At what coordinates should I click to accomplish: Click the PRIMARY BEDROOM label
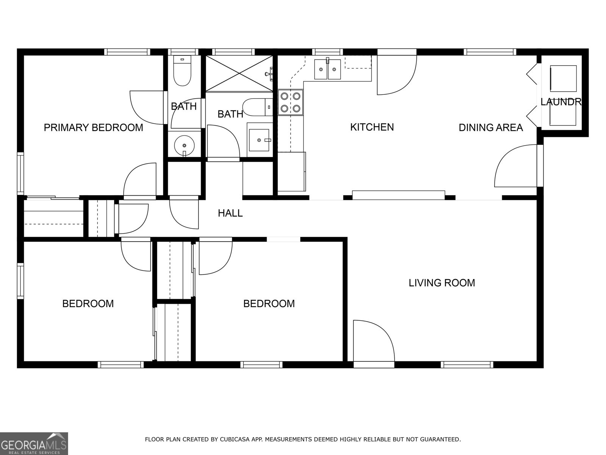tap(93, 127)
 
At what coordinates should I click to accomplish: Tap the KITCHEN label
tap(372, 127)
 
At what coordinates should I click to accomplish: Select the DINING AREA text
tap(490, 127)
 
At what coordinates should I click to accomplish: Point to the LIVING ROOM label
tap(442, 283)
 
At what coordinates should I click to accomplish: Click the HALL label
tap(230, 213)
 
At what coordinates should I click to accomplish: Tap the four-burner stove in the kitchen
tap(291, 102)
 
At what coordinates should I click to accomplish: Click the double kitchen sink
tap(327, 69)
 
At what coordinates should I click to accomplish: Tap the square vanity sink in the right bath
tap(259, 140)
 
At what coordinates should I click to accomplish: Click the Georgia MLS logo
tap(34, 443)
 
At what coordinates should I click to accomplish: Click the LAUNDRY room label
tap(561, 102)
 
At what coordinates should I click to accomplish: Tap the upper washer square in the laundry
tap(563, 78)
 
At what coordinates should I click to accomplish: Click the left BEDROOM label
tap(88, 304)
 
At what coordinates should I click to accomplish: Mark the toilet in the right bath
tap(257, 107)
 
